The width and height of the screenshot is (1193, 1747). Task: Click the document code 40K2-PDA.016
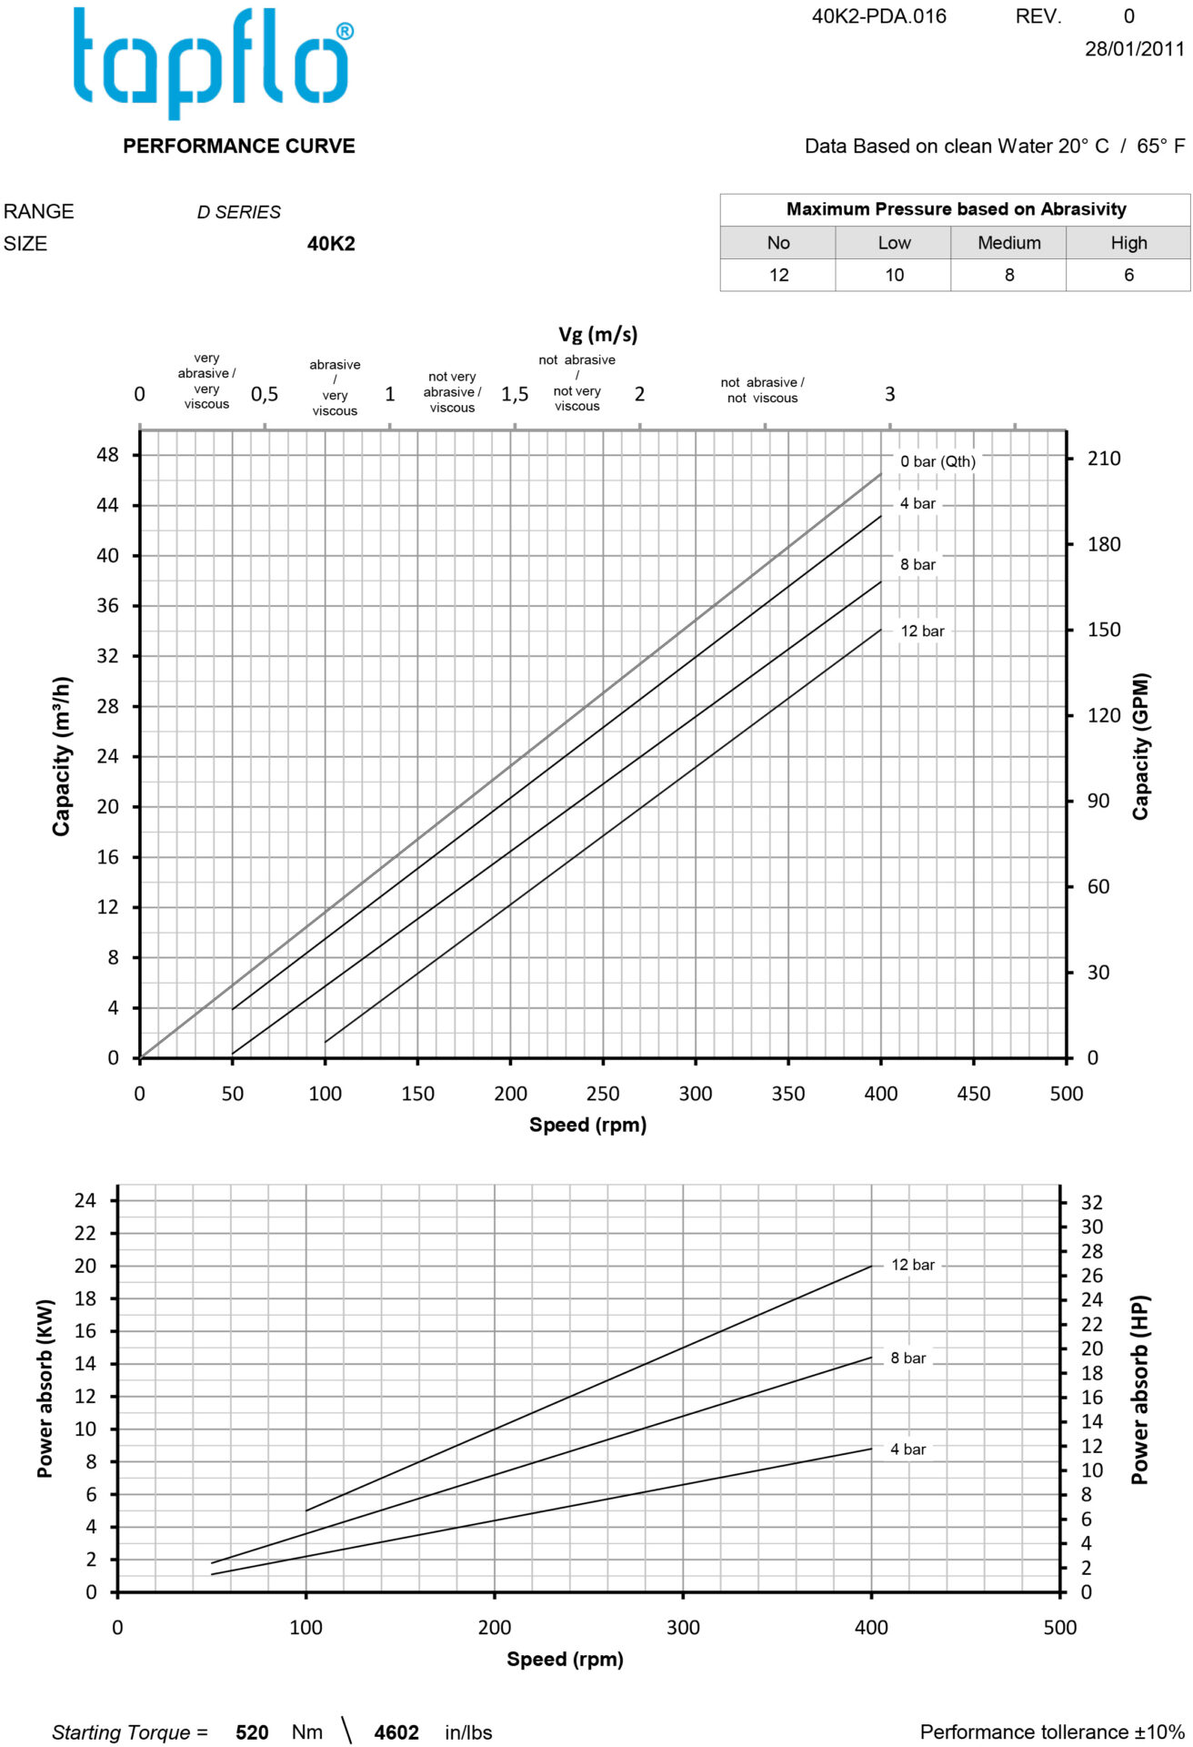pyautogui.click(x=878, y=16)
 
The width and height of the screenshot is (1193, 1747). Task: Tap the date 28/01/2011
pyautogui.click(x=1134, y=49)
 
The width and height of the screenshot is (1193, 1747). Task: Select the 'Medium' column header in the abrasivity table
pyautogui.click(x=1008, y=243)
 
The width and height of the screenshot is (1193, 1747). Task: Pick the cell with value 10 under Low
pyautogui.click(x=894, y=275)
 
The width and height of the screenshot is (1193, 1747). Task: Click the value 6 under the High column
pyautogui.click(x=1128, y=275)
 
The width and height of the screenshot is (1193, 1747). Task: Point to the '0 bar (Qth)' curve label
pyautogui.click(x=937, y=461)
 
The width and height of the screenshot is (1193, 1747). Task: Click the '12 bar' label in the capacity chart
pyautogui.click(x=922, y=631)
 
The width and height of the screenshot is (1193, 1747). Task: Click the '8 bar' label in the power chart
pyautogui.click(x=907, y=1358)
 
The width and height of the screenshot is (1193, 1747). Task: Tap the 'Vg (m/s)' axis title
pyautogui.click(x=597, y=334)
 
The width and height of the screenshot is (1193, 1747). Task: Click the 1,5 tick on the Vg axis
pyautogui.click(x=515, y=394)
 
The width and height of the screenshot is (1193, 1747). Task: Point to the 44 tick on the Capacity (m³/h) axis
pyautogui.click(x=107, y=505)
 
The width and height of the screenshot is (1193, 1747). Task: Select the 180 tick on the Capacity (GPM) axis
pyautogui.click(x=1104, y=544)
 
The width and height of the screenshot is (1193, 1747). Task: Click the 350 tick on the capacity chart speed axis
pyautogui.click(x=787, y=1094)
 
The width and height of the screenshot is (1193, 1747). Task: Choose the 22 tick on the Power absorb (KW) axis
pyautogui.click(x=85, y=1233)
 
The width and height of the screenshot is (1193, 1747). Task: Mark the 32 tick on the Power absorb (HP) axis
pyautogui.click(x=1091, y=1202)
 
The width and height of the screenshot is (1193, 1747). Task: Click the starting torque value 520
pyautogui.click(x=252, y=1732)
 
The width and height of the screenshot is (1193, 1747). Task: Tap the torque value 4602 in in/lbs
pyautogui.click(x=396, y=1732)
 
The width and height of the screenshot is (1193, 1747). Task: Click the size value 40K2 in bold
pyautogui.click(x=331, y=244)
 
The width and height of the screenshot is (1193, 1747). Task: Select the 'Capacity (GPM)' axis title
pyautogui.click(x=1140, y=746)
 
